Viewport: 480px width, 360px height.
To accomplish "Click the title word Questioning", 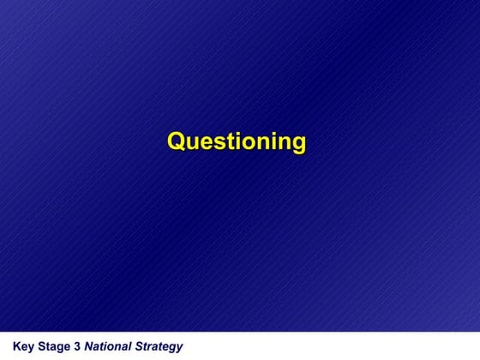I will click(x=237, y=141).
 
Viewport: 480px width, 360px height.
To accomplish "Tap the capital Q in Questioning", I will click(x=176, y=141).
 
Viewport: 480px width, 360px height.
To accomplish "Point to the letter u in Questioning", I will click(x=191, y=142).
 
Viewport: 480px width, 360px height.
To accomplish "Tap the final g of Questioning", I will click(x=297, y=144).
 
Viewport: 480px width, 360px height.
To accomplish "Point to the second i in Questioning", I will click(x=273, y=141).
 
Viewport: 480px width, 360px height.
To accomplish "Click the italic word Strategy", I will click(x=159, y=347).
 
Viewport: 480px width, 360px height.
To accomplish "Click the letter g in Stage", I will click(x=57, y=348).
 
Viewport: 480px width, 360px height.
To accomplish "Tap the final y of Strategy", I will click(x=179, y=348).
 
